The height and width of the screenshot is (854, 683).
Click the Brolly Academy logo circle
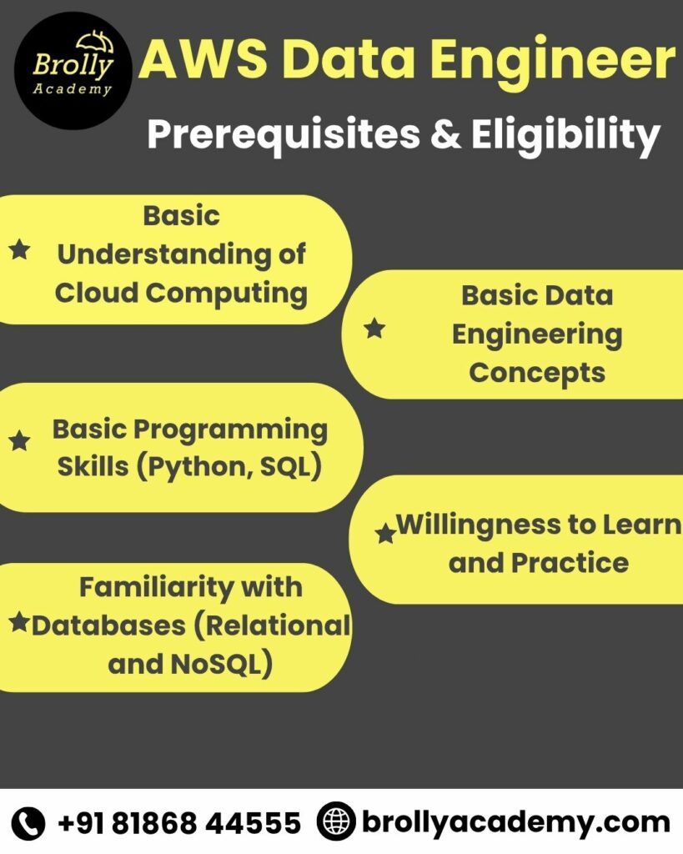pyautogui.click(x=73, y=70)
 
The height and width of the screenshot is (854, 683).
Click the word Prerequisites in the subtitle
pyautogui.click(x=283, y=133)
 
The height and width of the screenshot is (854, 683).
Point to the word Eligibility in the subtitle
pyautogui.click(x=566, y=134)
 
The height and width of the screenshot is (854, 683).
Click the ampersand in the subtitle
pyautogui.click(x=446, y=133)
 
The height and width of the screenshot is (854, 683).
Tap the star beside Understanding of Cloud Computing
pyautogui.click(x=19, y=249)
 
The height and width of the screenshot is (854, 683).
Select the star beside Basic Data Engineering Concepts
pyautogui.click(x=374, y=329)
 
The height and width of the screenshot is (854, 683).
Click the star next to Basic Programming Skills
pyautogui.click(x=19, y=441)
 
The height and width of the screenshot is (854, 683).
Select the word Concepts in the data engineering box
pyautogui.click(x=536, y=372)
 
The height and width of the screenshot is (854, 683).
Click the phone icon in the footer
pyautogui.click(x=29, y=823)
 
